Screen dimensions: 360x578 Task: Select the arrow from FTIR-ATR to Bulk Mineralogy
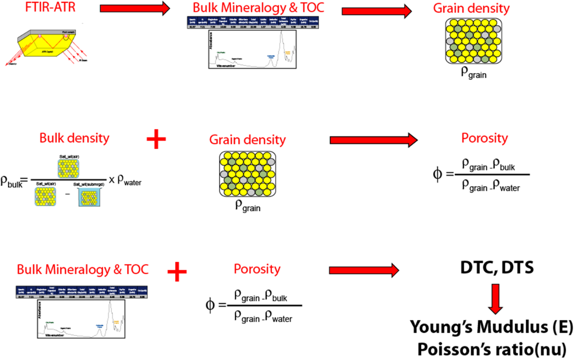pos(135,8)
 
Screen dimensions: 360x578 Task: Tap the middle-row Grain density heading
pos(247,140)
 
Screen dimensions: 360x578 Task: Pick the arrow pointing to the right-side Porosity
pos(373,140)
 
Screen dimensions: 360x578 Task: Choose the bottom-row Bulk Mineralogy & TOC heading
pos(82,269)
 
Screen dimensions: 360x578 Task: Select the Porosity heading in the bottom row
pos(257,269)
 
